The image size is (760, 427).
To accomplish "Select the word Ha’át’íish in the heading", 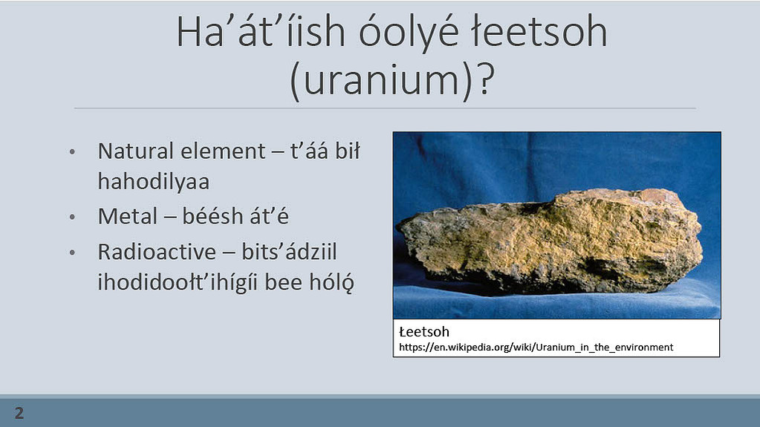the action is [260, 32].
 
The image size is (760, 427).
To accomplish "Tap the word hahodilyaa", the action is [154, 182].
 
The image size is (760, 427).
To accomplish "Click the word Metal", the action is [128, 216].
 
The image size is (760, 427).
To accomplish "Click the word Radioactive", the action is [157, 252].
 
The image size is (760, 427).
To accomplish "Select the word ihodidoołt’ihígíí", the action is [178, 283].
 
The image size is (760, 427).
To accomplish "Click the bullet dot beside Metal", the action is [72, 217].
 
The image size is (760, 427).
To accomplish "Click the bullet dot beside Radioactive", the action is [72, 252].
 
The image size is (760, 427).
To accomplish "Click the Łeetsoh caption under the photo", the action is [424, 331].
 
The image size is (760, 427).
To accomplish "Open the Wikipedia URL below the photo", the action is [536, 347].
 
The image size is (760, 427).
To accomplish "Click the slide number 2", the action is [19, 413].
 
